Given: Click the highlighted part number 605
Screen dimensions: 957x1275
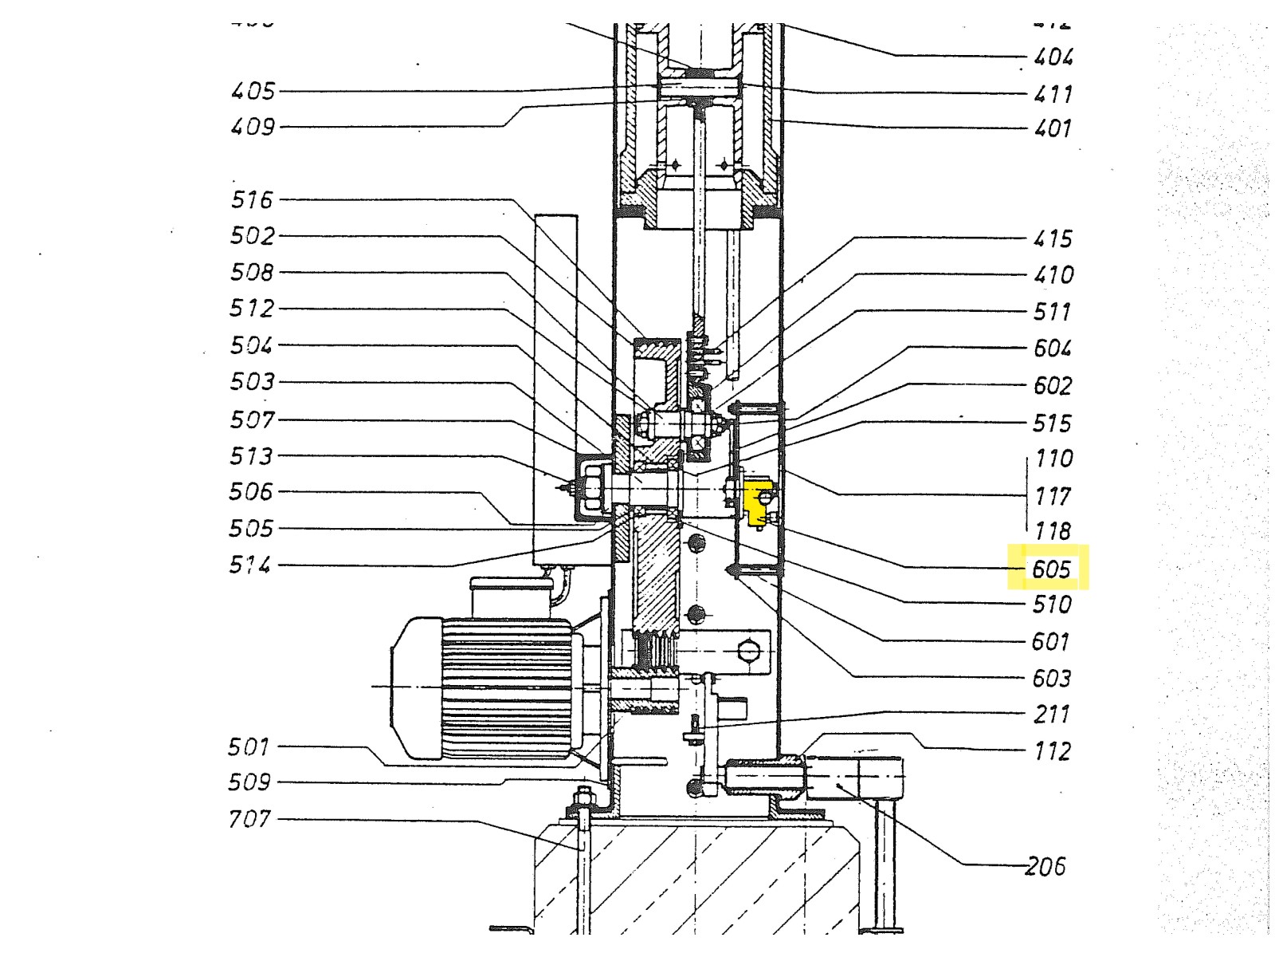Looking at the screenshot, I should pos(1050,569).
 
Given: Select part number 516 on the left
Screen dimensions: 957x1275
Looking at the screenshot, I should pos(252,199).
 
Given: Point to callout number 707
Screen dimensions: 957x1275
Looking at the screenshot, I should pos(249,819).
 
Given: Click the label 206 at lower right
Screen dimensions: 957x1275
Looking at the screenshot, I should pos(1045,866).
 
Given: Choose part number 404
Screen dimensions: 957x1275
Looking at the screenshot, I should pos(1053,57).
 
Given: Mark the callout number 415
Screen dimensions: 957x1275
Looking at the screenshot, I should pos(1053,238).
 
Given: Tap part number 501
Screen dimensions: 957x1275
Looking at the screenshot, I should pos(249,747).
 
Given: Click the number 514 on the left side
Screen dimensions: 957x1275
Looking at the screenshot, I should pos(250,565).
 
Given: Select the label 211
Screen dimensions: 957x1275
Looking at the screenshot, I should pos(1052,715).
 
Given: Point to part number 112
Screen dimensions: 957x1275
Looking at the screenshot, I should pos(1052,751).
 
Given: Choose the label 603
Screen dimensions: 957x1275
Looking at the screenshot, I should pos(1052,679).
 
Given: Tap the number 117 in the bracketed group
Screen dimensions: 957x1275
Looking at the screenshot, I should pos(1053,496).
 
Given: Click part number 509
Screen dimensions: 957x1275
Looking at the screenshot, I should pos(249,782).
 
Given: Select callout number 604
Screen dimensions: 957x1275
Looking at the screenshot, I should pos(1053,349).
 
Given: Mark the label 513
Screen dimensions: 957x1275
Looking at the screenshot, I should pos(251,456).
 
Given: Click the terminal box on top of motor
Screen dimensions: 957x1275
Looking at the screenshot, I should pos(509,597).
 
